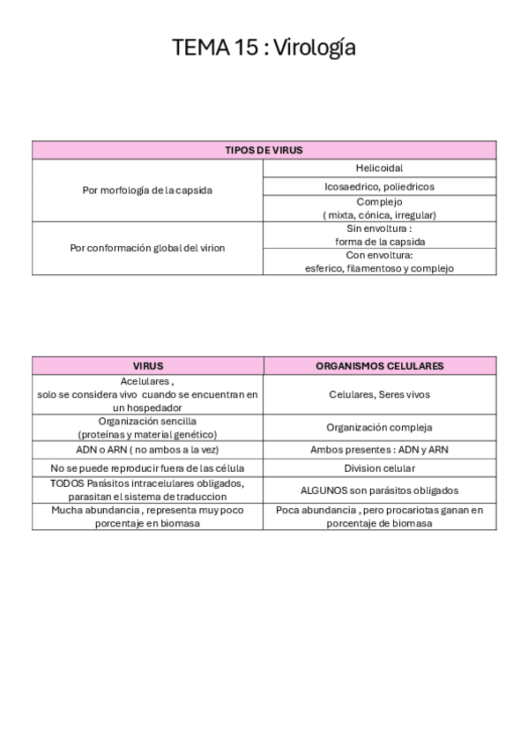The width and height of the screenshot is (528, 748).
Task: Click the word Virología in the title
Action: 315,48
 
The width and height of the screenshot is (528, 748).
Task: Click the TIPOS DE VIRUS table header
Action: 264,150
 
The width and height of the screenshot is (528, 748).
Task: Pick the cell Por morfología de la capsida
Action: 148,191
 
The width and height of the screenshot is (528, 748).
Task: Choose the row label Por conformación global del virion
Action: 148,248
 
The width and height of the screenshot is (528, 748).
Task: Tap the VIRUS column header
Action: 148,365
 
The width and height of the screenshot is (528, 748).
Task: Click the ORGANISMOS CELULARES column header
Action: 380,365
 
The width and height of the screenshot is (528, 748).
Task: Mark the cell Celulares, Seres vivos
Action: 380,394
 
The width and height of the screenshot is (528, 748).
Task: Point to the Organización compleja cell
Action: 380,428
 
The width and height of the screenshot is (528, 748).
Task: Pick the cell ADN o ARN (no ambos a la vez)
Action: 148,449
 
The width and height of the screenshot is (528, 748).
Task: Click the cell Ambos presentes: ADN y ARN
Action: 380,449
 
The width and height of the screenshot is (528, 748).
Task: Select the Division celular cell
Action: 380,467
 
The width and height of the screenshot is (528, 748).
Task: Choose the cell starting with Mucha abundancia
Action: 148,516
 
